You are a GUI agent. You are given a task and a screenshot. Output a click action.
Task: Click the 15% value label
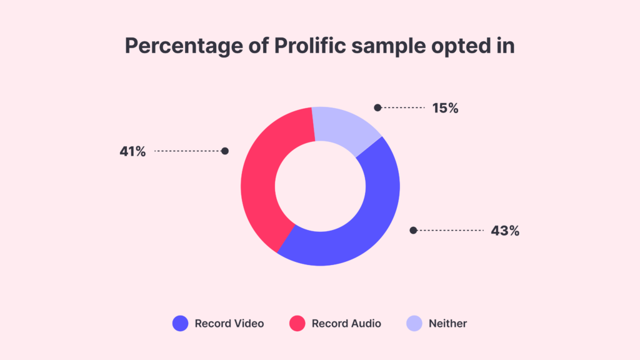[445, 108]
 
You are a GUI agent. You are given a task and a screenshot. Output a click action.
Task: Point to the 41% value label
[132, 151]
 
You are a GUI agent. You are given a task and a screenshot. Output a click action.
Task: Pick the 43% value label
[505, 231]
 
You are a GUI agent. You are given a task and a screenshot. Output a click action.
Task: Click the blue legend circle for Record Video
[180, 324]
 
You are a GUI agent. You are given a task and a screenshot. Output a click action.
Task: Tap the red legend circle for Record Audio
[297, 324]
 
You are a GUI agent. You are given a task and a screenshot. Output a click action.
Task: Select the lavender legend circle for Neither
[414, 324]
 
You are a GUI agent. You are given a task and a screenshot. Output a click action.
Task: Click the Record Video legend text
[229, 324]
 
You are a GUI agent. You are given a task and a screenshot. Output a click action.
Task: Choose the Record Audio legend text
[346, 324]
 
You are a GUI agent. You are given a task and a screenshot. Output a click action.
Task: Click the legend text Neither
[447, 324]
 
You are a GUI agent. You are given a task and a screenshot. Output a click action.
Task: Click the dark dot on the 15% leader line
[377, 107]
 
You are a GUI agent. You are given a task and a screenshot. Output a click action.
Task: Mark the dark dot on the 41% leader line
[225, 151]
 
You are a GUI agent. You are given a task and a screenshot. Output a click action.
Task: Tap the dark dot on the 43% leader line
[412, 230]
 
